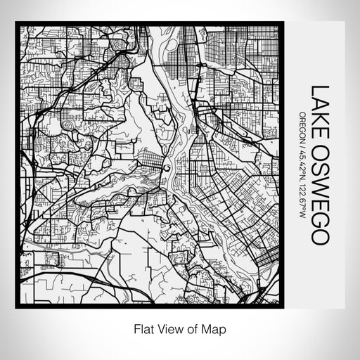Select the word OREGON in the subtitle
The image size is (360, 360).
(x=302, y=124)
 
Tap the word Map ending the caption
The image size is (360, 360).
(x=215, y=328)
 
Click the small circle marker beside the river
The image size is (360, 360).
(x=167, y=168)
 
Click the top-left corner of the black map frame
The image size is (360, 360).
(x=17, y=24)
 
